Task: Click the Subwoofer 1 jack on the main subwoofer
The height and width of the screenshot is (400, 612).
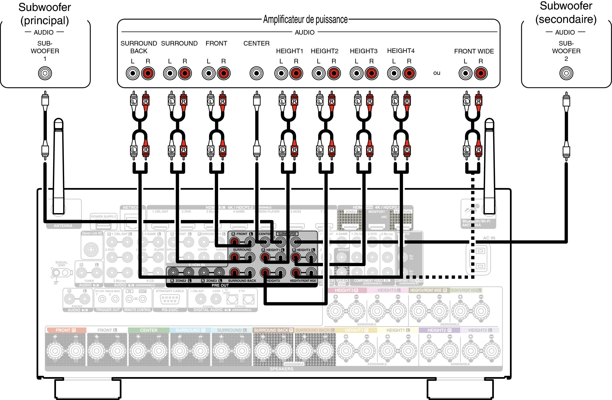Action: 45,73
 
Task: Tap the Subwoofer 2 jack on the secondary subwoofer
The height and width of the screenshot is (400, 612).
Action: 566,73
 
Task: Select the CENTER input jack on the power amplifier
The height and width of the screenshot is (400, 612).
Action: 256,73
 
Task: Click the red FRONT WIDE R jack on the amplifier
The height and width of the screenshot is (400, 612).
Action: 481,73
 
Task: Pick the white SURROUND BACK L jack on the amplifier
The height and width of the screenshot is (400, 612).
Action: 133,73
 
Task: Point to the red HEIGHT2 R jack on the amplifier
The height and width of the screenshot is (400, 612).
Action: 334,73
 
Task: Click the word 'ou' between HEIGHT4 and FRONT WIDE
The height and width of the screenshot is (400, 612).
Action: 436,73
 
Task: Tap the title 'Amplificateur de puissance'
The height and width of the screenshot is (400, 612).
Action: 305,20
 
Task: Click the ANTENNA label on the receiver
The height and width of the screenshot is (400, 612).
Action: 63,226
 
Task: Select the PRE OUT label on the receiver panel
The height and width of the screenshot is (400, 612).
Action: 220,285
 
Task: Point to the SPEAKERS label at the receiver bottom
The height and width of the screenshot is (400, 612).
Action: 281,369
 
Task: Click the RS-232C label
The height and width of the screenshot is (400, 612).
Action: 170,310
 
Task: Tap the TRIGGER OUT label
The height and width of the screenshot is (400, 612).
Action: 108,310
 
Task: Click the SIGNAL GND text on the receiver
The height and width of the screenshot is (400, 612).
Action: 62,264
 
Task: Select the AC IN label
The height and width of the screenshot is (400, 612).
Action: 489,238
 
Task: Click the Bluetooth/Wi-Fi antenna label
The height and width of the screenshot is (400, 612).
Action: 476,223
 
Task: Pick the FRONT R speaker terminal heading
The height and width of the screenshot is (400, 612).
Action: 66,330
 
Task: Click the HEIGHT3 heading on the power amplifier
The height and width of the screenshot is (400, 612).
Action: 363,51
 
